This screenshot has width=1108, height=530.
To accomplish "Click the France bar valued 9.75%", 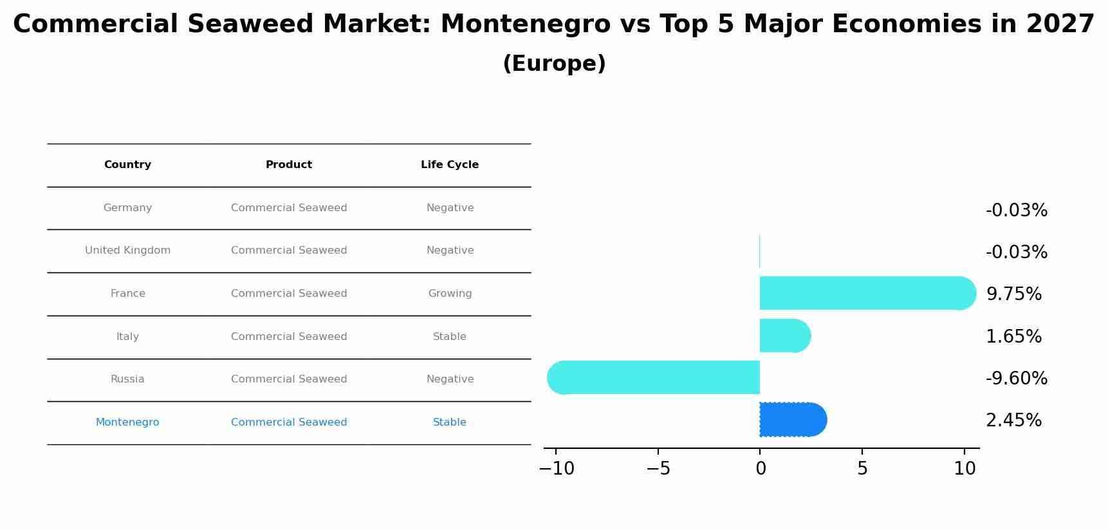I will (x=862, y=293).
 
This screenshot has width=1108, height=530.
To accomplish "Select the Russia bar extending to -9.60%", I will (x=656, y=377).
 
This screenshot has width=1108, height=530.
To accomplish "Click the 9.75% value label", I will (x=1013, y=294).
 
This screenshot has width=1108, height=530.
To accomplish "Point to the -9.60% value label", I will (x=1016, y=379).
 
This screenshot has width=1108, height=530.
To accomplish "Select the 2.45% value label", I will (x=1013, y=421).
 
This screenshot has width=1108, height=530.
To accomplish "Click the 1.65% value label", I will (x=1013, y=337).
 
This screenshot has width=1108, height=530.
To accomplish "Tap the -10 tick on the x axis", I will (x=557, y=469).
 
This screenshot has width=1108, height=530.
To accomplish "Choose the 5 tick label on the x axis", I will (x=862, y=469).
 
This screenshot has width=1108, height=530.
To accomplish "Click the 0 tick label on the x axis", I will (x=761, y=469).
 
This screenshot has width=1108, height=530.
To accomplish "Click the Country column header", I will (x=127, y=165).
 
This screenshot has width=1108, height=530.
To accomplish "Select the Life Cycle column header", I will (x=450, y=165).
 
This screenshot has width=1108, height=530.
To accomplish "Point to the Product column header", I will (x=289, y=165).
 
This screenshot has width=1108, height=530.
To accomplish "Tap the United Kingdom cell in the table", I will (x=127, y=251).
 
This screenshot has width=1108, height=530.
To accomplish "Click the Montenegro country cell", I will (x=127, y=422).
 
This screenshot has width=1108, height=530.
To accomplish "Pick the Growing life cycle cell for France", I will (x=450, y=294).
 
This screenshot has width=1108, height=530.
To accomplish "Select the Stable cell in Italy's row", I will (x=450, y=337).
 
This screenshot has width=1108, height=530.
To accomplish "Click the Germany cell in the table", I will (x=127, y=208).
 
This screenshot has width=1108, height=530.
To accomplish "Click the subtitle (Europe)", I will (x=554, y=64).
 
